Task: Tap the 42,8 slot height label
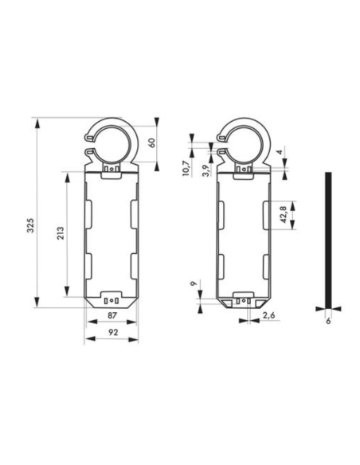[283, 215]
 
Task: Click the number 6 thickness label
[327, 320]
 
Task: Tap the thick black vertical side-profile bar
[327, 238]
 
